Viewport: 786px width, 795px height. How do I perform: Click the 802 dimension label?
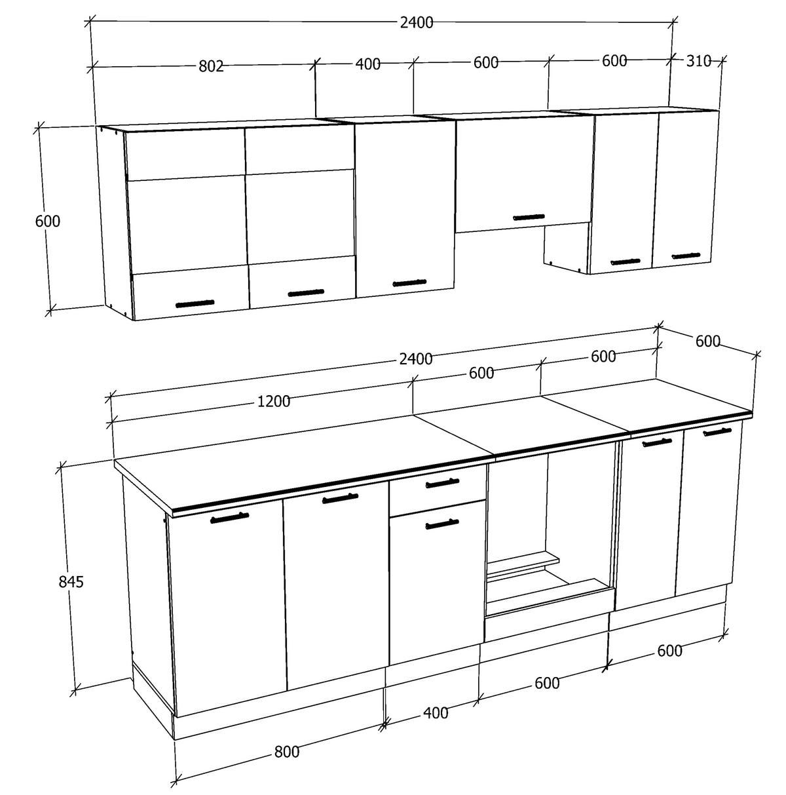click(211, 66)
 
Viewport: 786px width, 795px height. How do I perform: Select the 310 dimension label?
click(698, 61)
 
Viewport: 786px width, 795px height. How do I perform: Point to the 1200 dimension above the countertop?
click(274, 402)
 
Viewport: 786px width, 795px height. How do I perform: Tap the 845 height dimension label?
click(71, 581)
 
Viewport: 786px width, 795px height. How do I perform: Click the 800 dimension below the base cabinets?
click(287, 752)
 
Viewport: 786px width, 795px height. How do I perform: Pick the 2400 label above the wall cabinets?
click(417, 22)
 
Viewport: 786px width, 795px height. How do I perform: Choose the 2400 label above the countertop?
click(416, 359)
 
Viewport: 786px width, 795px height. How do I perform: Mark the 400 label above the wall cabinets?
click(367, 64)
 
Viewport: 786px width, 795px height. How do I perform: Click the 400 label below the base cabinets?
click(436, 712)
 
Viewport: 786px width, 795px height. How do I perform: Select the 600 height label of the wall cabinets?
click(47, 222)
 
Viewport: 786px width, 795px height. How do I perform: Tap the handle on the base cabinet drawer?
click(443, 484)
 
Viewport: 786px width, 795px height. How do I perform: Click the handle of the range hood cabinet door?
click(528, 217)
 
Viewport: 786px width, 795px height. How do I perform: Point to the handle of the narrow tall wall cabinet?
click(410, 283)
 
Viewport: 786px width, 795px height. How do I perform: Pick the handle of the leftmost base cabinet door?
click(229, 518)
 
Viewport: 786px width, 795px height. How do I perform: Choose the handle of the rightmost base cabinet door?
click(717, 431)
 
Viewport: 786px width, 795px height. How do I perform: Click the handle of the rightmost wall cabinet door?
click(685, 256)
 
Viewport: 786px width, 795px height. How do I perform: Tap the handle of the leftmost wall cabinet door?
click(195, 303)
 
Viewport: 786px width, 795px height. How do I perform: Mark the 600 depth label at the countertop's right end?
click(707, 341)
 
